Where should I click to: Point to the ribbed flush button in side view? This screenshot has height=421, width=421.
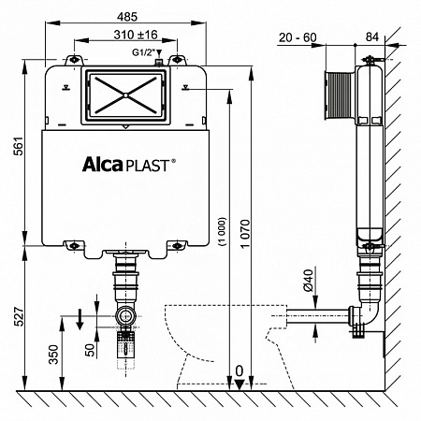(x=338, y=94)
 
